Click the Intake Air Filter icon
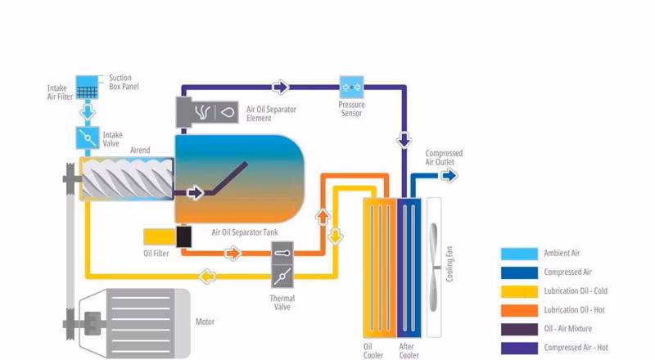pyautogui.click(x=87, y=88)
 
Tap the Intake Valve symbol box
pyautogui.click(x=88, y=137)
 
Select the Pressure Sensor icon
pyautogui.click(x=352, y=87)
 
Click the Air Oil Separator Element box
pyautogui.click(x=207, y=112)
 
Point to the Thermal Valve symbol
pyautogui.click(x=282, y=264)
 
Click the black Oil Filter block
pyautogui.click(x=183, y=236)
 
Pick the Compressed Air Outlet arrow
pyautogui.click(x=449, y=176)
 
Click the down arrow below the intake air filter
pyautogui.click(x=88, y=112)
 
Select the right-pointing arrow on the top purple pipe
pyautogui.click(x=281, y=88)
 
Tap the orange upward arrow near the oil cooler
pyautogui.click(x=323, y=217)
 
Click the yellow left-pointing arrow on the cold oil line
pyautogui.click(x=207, y=276)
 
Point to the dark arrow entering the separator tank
pyautogui.click(x=195, y=193)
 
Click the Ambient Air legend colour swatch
pyautogui.click(x=519, y=254)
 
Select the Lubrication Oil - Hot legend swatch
pyautogui.click(x=519, y=310)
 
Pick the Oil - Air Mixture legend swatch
pyautogui.click(x=519, y=329)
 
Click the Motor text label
pyautogui.click(x=206, y=322)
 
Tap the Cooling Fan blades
pyautogui.click(x=435, y=268)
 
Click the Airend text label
pyautogui.click(x=140, y=151)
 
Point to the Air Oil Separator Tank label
pyautogui.click(x=245, y=232)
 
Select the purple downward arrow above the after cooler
pyautogui.click(x=404, y=140)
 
